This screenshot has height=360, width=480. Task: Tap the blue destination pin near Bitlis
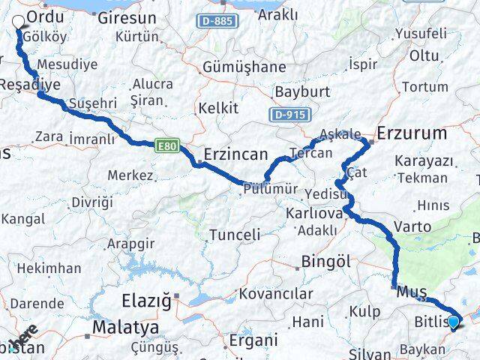coord(453,322)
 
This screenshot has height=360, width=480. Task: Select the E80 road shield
coord(167,147)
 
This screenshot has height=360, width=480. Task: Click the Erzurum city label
coord(412,133)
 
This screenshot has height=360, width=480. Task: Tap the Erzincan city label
coord(235,154)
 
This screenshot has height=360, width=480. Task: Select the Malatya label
coord(125,328)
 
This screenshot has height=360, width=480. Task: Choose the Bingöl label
coord(325,262)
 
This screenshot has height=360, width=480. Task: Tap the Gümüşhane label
coord(244,67)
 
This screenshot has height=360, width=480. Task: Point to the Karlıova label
coord(313,214)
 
